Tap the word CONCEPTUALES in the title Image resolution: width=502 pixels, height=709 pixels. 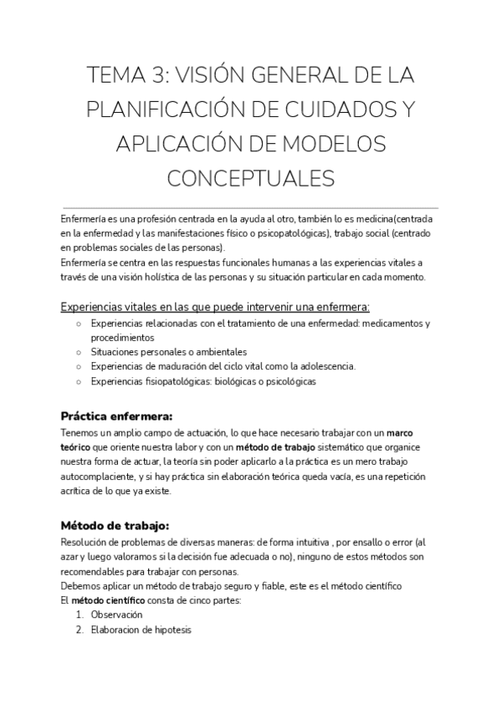(x=251, y=179)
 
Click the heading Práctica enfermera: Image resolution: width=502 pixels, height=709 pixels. (x=117, y=416)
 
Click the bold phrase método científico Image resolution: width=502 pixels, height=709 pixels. (x=108, y=599)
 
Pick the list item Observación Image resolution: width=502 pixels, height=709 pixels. (x=117, y=615)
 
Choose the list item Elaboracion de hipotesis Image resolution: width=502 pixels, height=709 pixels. (x=141, y=630)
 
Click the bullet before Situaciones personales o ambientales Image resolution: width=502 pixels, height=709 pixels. (x=77, y=352)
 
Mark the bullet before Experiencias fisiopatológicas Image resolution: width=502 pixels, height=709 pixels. (x=77, y=381)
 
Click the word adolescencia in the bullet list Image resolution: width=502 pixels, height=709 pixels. (x=325, y=366)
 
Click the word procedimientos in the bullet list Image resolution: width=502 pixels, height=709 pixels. (x=123, y=338)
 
